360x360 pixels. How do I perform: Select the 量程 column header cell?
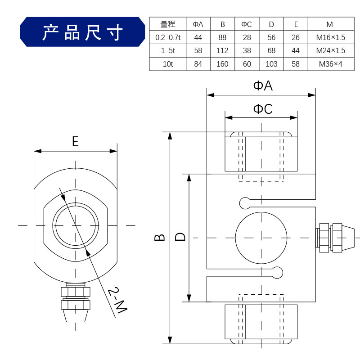(x=167, y=24)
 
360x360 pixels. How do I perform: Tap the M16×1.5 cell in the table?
(x=330, y=37)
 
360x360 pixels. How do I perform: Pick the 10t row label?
(x=167, y=64)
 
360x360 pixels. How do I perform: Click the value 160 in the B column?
(x=222, y=64)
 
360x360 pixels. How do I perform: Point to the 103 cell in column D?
(x=271, y=64)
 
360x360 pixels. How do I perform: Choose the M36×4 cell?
(x=330, y=64)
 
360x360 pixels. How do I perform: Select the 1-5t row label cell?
(x=167, y=50)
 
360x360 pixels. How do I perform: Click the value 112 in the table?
(x=222, y=50)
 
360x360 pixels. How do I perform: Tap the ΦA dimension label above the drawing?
(x=263, y=86)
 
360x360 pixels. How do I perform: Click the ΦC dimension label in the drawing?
(x=263, y=109)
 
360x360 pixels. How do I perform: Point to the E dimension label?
(x=75, y=142)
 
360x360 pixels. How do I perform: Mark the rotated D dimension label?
(x=180, y=237)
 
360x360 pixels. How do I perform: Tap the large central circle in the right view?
(x=261, y=237)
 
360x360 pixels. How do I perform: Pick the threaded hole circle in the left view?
(x=76, y=225)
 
